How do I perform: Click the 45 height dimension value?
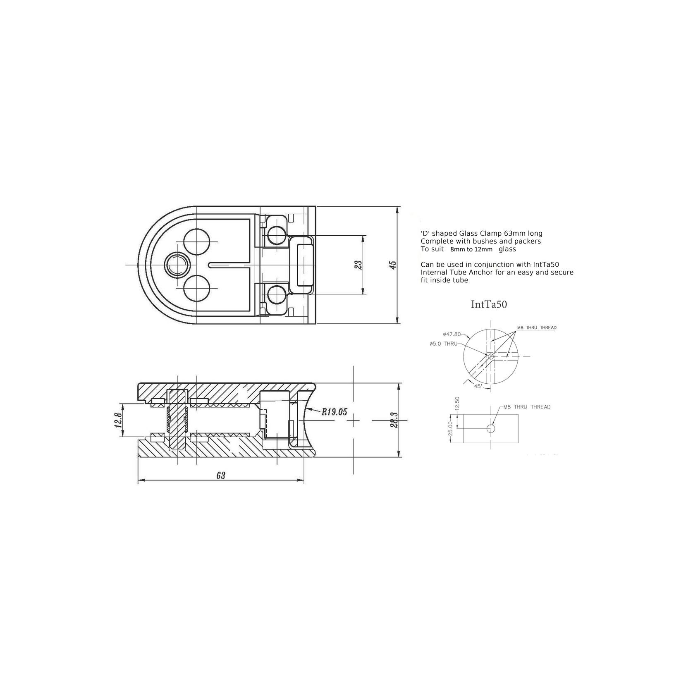point(393,265)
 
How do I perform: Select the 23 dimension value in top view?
point(358,265)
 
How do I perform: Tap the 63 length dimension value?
point(221,475)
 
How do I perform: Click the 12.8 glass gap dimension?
point(118,419)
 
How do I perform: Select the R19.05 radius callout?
point(335,411)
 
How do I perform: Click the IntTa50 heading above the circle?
point(489,305)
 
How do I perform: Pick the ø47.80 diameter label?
point(452,334)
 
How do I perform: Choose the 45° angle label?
point(478,385)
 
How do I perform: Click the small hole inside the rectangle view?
point(490,428)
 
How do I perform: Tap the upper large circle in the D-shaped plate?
point(196,241)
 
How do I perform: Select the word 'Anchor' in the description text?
point(473,272)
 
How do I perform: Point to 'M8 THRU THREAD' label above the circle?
point(536,327)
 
